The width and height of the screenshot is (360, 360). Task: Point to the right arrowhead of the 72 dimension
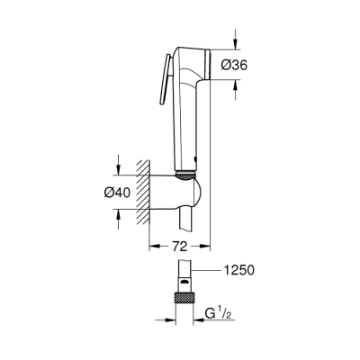tap(206, 244)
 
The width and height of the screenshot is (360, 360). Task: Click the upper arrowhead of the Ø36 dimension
tap(235, 47)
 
